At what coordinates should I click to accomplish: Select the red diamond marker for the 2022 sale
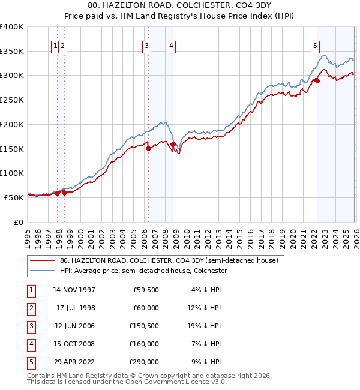click(317, 81)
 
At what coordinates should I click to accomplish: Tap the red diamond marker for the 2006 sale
click(148, 149)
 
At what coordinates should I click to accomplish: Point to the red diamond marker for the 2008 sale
click(173, 144)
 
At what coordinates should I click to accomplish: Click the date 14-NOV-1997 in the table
click(74, 290)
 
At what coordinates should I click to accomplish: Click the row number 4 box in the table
click(30, 344)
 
